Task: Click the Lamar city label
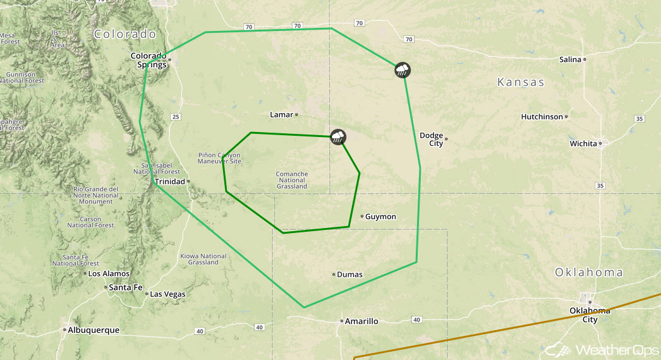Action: pyautogui.click(x=281, y=114)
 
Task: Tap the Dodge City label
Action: pyautogui.click(x=432, y=140)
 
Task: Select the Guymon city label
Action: pyautogui.click(x=380, y=217)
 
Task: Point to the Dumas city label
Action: pyautogui.click(x=349, y=274)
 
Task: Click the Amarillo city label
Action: pyautogui.click(x=361, y=321)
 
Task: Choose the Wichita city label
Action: pyautogui.click(x=583, y=143)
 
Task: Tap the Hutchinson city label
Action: pyautogui.click(x=542, y=117)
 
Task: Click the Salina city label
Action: pyautogui.click(x=570, y=59)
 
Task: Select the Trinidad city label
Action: pyautogui.click(x=169, y=182)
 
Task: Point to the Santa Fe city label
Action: pyautogui.click(x=124, y=287)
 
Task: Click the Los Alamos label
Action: pyautogui.click(x=109, y=273)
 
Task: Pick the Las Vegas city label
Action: pyautogui.click(x=167, y=294)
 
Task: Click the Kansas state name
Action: pyautogui.click(x=521, y=83)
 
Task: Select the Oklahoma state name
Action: pyautogui.click(x=589, y=273)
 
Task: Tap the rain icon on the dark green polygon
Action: pyautogui.click(x=339, y=137)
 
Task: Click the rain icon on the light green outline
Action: pyautogui.click(x=402, y=69)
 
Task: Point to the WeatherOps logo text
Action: pyautogui.click(x=619, y=349)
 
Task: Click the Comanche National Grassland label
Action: pyautogui.click(x=292, y=180)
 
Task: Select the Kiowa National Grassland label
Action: pyautogui.click(x=203, y=259)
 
